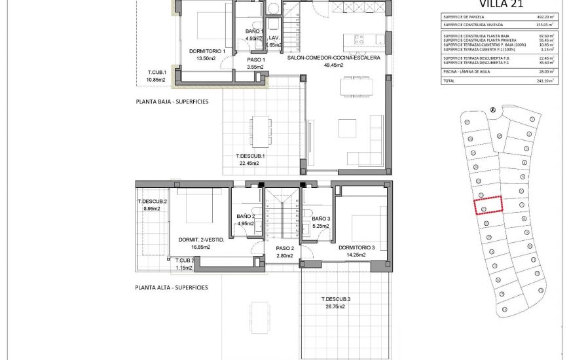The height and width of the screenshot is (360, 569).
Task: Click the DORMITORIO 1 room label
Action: (x=207, y=50)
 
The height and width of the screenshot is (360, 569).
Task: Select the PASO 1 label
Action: (x=255, y=60)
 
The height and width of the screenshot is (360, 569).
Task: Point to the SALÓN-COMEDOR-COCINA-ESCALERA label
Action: (x=333, y=58)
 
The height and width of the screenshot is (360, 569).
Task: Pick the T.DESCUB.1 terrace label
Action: (x=250, y=156)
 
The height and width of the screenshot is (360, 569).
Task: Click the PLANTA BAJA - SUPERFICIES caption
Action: (x=172, y=102)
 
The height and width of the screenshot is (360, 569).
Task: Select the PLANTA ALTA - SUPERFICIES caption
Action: (x=172, y=287)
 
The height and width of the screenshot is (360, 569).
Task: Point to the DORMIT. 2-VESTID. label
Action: (x=202, y=240)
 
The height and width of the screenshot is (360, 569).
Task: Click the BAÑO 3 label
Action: (x=321, y=219)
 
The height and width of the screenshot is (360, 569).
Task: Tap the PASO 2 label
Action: (x=284, y=249)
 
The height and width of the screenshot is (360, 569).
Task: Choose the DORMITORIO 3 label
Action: (x=357, y=247)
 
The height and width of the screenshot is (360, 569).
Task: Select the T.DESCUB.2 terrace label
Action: (x=153, y=202)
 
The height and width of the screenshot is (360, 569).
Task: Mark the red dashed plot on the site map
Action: (x=488, y=205)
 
